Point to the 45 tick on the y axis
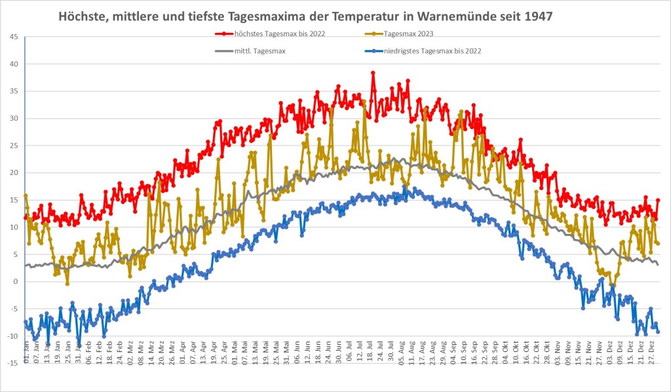(x=14, y=37)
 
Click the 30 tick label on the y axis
(x=14, y=119)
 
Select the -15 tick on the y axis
(x=12, y=363)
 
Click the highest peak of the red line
(x=373, y=73)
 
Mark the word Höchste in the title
(x=81, y=15)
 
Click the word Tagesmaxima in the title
(x=265, y=15)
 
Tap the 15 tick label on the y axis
(x=14, y=200)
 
